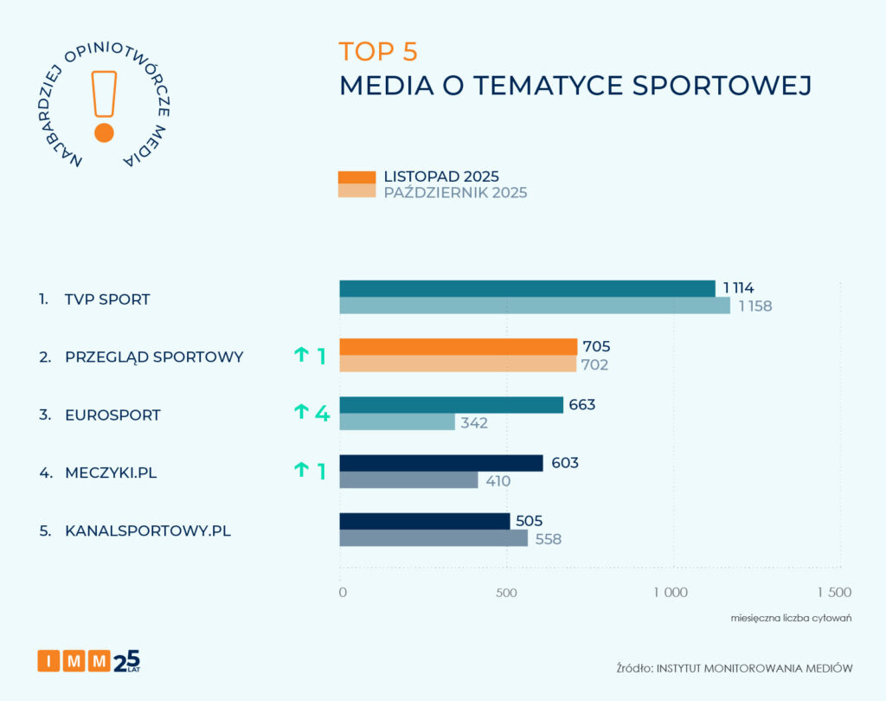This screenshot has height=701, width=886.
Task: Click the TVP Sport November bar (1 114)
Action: pos(527,288)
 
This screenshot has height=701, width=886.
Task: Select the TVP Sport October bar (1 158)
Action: pos(535,305)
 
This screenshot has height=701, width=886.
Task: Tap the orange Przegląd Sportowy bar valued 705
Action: pos(459,346)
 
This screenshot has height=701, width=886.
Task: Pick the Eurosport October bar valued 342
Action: pos(397,421)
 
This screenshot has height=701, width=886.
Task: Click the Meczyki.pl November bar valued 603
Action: pos(441,463)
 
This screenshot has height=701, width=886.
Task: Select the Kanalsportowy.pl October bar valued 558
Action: pos(433,538)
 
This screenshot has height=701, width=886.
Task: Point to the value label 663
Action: pos(582,405)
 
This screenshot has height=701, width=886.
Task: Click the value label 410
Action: pos(498,481)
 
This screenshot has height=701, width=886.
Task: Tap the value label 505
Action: pos(529,521)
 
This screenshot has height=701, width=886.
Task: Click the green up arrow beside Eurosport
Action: pos(301,412)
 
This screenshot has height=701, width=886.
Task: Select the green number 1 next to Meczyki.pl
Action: pos(322,472)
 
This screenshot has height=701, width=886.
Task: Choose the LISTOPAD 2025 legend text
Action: pos(441,177)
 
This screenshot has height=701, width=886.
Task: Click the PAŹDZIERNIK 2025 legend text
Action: pos(455,193)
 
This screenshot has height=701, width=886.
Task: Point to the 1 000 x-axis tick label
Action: pos(671,593)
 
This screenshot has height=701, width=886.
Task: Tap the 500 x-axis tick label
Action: pos(506,593)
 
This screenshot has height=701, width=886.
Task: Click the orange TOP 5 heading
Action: pos(378,51)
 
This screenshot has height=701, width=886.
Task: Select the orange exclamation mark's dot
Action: pos(104,133)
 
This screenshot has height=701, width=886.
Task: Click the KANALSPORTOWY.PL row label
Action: pos(148,531)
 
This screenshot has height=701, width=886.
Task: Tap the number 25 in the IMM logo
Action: pos(126,661)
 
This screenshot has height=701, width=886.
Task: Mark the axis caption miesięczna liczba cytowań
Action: pos(791,618)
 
